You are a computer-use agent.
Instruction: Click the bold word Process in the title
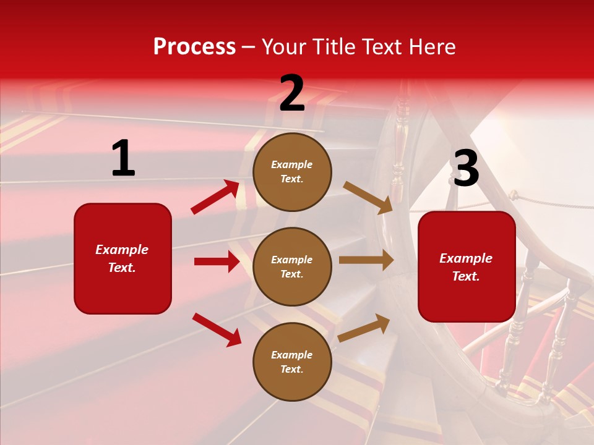(194, 47)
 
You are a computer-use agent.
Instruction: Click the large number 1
(123, 159)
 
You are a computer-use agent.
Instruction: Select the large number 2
(292, 93)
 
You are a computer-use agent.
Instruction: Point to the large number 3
(466, 169)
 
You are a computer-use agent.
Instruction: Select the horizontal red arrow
(217, 261)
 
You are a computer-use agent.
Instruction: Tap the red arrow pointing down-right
(217, 329)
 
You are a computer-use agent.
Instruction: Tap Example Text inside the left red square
(122, 258)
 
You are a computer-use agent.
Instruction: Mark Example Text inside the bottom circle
(291, 362)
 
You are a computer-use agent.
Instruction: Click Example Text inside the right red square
(466, 267)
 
